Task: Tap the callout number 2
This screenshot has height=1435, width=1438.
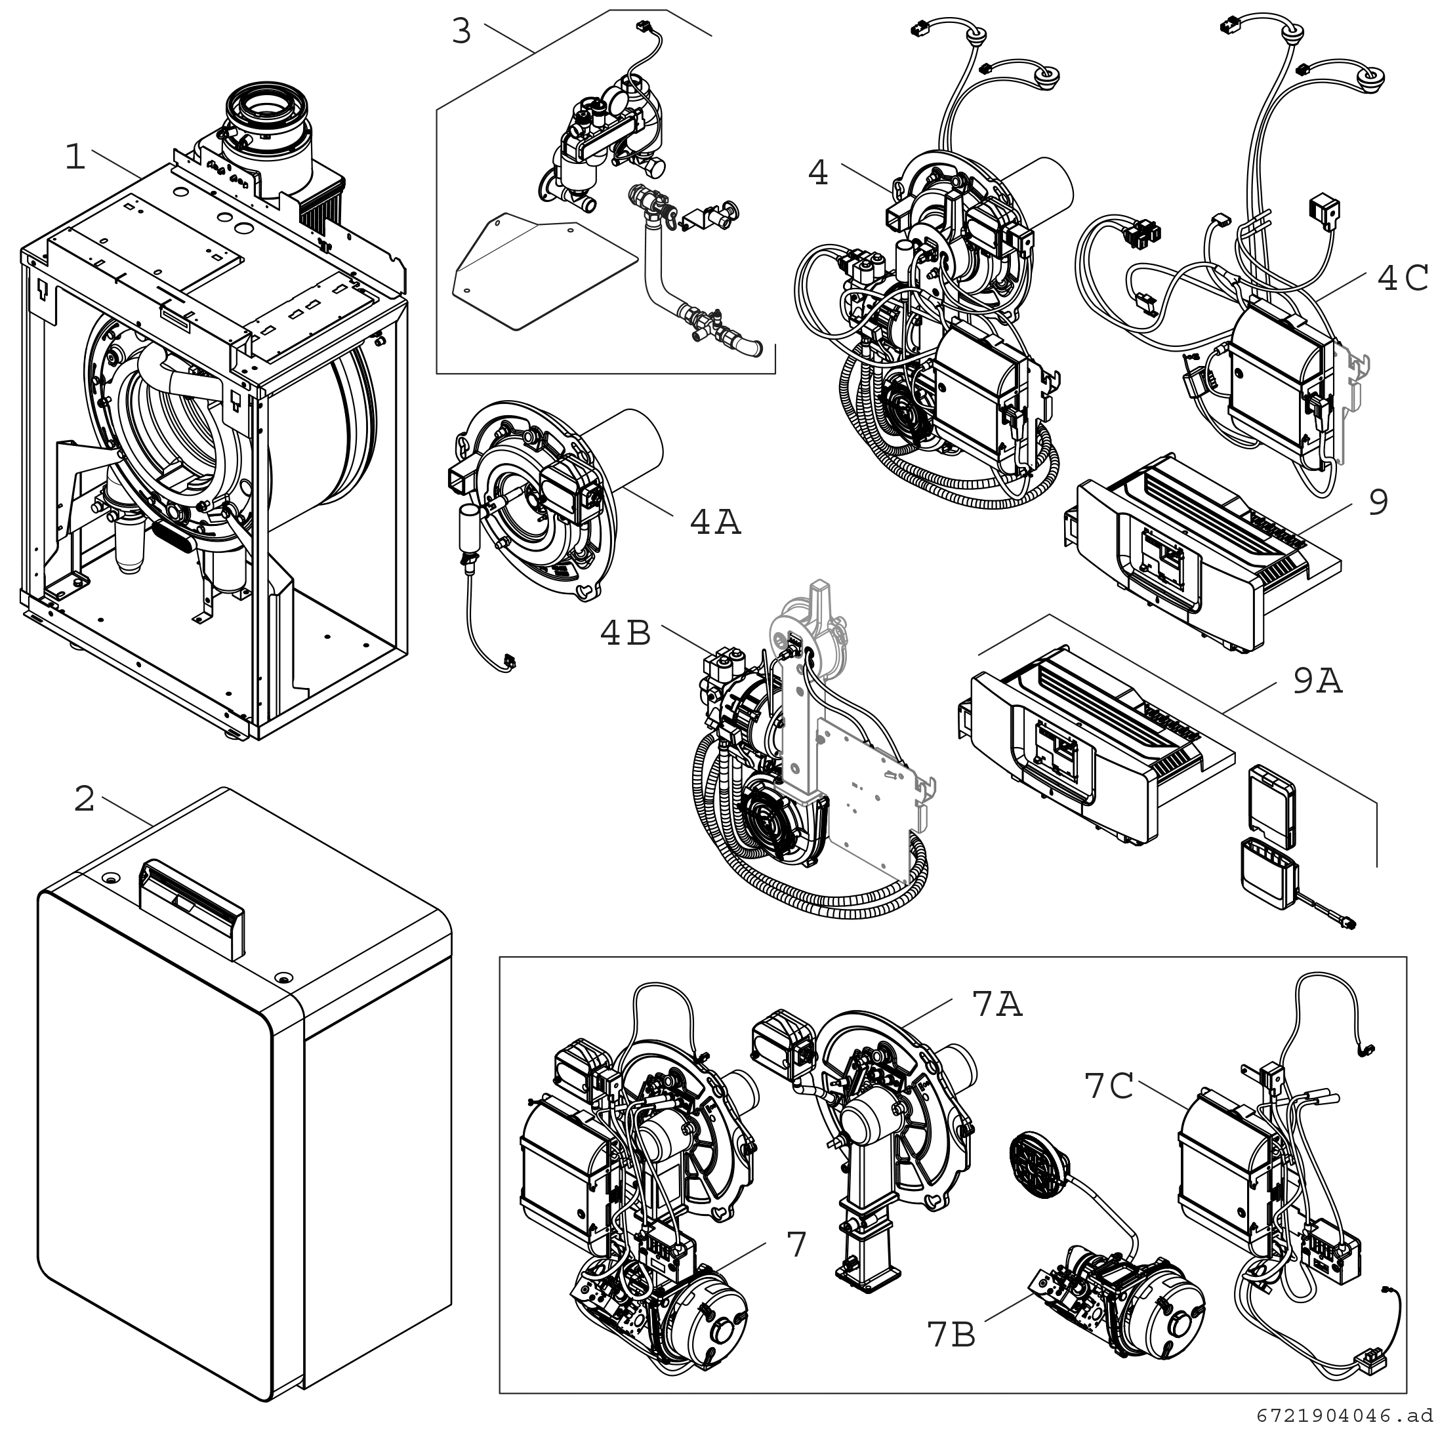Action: click(84, 799)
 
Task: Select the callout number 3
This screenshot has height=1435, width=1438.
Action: click(461, 32)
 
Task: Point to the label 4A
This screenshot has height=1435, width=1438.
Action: click(716, 523)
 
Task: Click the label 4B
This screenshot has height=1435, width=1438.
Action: click(626, 634)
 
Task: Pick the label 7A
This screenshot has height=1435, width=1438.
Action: click(997, 1004)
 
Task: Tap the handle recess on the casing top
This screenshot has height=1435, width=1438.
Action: click(192, 908)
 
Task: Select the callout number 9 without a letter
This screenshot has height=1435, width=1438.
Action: click(1378, 502)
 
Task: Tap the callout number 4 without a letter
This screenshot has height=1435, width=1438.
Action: click(818, 172)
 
